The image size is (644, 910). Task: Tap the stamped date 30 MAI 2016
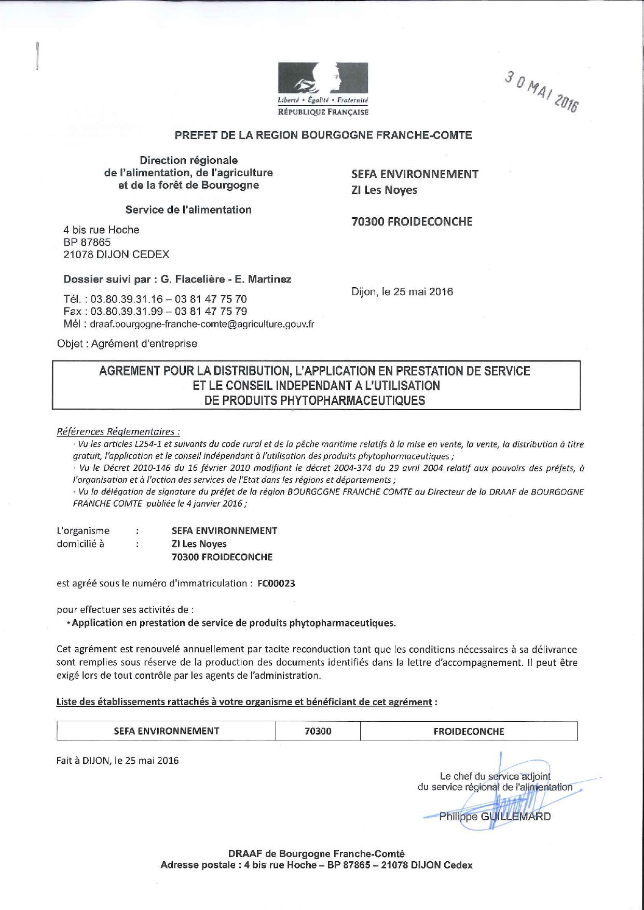coord(541,92)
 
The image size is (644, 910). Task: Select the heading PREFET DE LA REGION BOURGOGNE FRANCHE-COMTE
coord(323,135)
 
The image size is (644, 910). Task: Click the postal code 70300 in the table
coord(318,731)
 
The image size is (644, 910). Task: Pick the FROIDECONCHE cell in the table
coord(469,731)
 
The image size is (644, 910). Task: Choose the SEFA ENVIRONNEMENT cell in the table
coord(166,731)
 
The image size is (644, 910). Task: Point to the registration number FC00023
coord(276,583)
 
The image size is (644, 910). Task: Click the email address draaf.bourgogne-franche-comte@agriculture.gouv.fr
coord(202,325)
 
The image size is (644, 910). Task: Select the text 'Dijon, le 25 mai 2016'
coord(402,292)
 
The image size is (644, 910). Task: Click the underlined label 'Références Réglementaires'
coord(118,431)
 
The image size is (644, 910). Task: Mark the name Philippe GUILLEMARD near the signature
coord(495,817)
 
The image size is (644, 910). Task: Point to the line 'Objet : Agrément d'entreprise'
coord(127,344)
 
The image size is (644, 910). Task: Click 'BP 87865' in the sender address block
coord(87,242)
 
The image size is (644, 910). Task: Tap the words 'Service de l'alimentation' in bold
coord(188,210)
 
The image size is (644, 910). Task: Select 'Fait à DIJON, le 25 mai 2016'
coord(117,761)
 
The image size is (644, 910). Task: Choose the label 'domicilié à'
coord(80,544)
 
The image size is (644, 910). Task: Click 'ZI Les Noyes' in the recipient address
coord(384,190)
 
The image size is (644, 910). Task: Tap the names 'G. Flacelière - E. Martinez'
coord(226,279)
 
